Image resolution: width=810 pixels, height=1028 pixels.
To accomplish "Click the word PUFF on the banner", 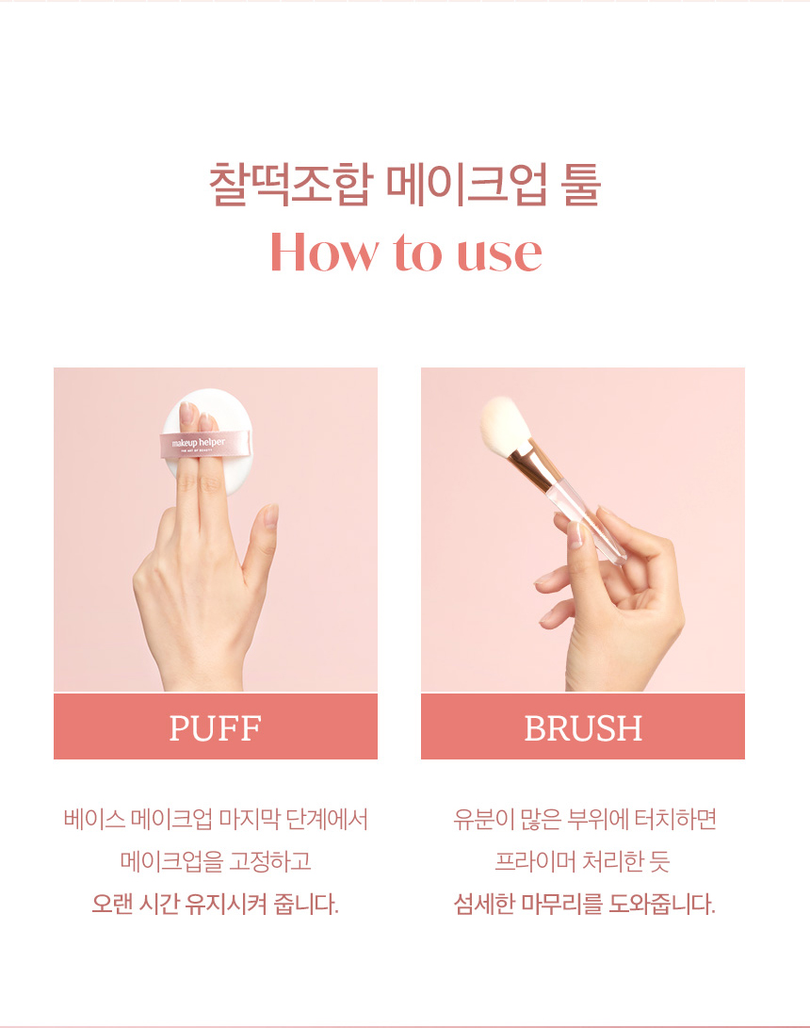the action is [x=215, y=727].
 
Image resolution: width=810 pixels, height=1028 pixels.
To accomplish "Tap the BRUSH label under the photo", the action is [x=583, y=727].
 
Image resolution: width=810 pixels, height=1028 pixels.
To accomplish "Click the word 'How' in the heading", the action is [x=324, y=252].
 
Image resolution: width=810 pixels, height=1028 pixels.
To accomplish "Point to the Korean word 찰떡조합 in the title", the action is [x=291, y=185].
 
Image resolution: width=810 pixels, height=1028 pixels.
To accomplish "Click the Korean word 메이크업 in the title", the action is [x=466, y=185].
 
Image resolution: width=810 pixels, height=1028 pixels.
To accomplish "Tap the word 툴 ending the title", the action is [x=580, y=185].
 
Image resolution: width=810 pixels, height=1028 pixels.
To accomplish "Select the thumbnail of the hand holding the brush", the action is [x=575, y=534].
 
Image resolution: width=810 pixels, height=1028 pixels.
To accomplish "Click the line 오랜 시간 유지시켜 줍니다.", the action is [x=215, y=904].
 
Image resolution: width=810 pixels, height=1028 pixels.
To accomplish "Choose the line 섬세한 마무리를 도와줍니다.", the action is [x=584, y=904].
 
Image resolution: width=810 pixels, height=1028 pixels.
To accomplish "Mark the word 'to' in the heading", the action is [x=417, y=253].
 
